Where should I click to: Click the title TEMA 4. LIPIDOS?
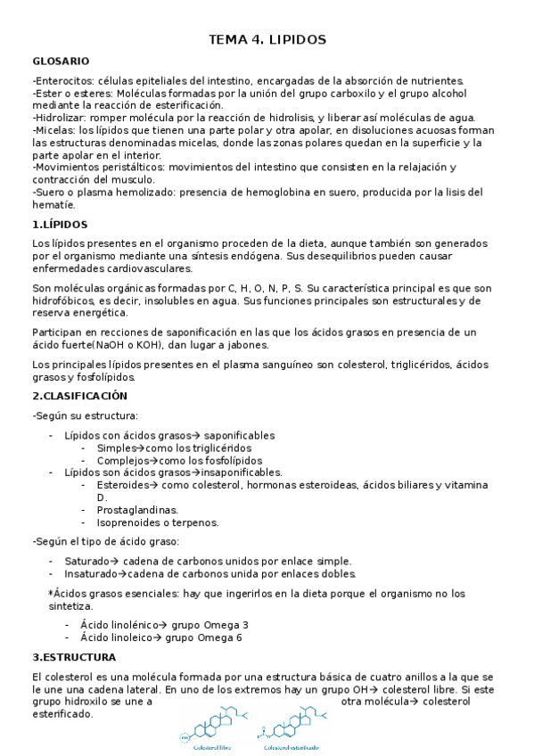267,40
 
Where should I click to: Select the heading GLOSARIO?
60,62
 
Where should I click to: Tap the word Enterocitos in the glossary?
64,81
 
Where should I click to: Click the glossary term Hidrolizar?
60,118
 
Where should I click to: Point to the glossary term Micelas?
54,130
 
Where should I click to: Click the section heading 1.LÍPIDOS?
60,225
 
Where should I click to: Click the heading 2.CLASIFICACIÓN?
80,396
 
